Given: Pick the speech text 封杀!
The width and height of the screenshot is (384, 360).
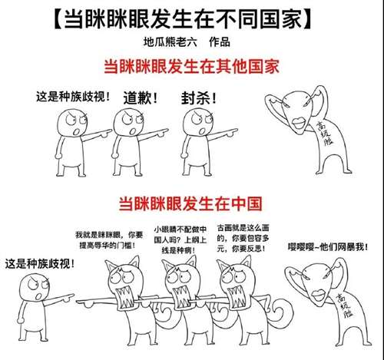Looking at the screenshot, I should [x=197, y=97].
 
